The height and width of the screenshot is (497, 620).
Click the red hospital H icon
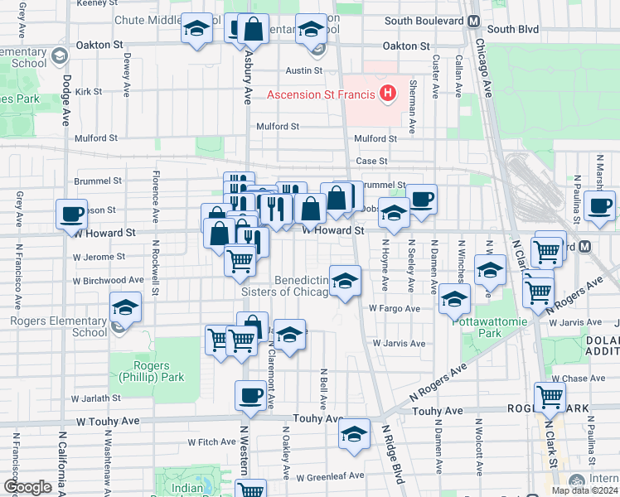tap(386, 94)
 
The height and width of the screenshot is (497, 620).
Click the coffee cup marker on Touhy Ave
tap(250, 395)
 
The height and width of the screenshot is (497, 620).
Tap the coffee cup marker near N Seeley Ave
tap(421, 199)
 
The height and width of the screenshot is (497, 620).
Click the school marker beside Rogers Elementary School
tap(125, 307)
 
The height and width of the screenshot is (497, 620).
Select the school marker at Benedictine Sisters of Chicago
tap(345, 280)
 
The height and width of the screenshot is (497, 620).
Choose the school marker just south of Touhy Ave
tap(354, 434)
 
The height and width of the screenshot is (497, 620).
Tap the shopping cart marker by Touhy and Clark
tap(550, 397)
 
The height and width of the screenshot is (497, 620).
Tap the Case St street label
tap(371, 161)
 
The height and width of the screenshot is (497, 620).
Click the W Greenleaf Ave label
tap(331, 475)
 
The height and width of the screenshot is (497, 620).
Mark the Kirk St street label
tap(88, 92)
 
